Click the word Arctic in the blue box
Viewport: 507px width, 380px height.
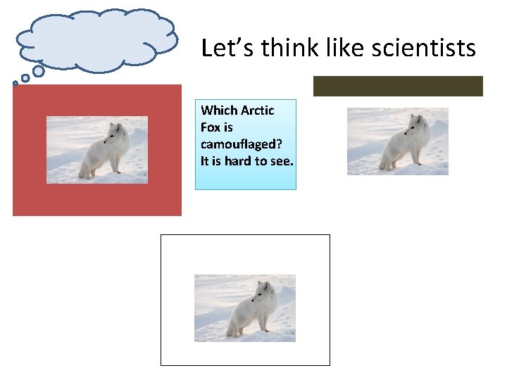tap(258, 110)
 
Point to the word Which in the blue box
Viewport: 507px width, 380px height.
tap(219, 110)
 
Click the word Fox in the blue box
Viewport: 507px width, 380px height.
tap(209, 127)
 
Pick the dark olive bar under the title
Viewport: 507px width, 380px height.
tap(398, 86)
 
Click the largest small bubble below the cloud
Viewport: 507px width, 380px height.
tap(39, 71)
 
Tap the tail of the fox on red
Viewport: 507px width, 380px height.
tap(84, 167)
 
